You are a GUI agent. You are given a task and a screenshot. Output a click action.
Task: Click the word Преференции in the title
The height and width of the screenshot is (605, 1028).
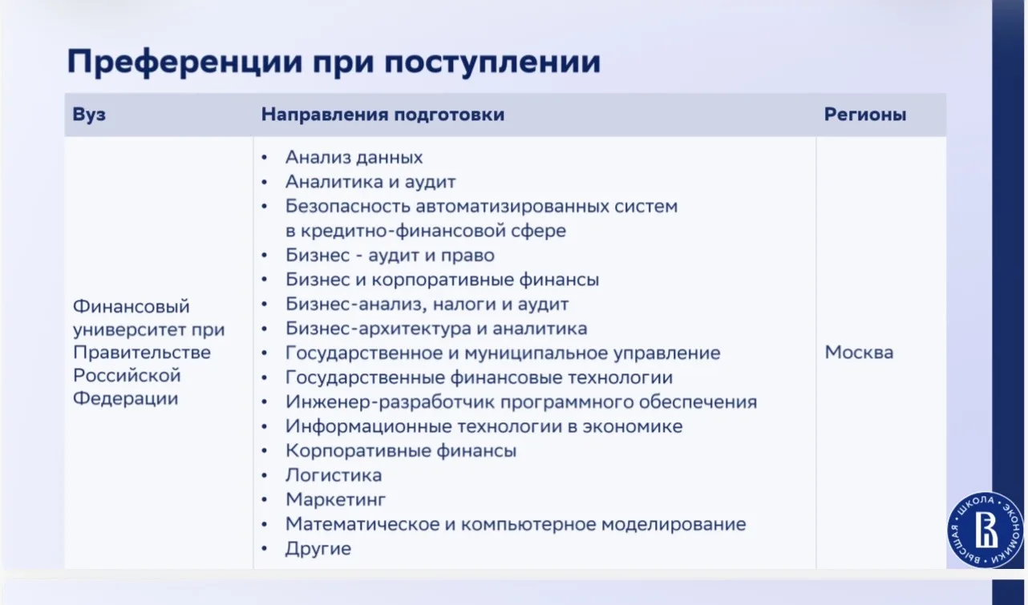click(185, 62)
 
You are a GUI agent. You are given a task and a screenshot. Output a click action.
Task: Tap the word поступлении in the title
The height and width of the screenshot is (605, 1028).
click(492, 62)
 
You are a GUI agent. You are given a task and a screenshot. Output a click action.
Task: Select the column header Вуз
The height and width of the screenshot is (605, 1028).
click(89, 115)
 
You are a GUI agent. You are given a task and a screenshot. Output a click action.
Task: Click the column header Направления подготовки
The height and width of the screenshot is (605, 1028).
click(382, 115)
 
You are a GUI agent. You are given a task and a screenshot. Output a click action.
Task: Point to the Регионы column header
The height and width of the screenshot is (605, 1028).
click(865, 115)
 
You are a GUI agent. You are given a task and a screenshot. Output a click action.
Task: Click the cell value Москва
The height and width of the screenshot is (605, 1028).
click(859, 353)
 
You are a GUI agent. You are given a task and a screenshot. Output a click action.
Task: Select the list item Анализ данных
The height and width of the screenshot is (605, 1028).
click(354, 157)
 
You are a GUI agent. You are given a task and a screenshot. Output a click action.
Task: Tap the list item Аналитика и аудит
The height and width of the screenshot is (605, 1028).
click(370, 182)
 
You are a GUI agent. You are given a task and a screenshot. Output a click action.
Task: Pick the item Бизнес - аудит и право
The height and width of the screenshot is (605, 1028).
click(390, 255)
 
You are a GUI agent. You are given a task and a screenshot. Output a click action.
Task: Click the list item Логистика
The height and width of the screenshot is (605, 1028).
click(334, 475)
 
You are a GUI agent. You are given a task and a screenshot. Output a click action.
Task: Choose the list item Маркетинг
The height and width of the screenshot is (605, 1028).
click(335, 499)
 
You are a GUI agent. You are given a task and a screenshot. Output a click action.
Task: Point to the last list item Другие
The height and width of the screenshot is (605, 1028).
click(318, 549)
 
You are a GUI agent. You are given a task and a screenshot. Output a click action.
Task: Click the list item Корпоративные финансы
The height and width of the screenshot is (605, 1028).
click(401, 451)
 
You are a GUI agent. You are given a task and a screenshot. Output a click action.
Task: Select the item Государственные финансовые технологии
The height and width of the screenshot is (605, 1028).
click(480, 377)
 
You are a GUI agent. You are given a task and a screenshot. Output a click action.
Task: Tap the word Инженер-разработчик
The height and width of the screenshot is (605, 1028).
click(390, 402)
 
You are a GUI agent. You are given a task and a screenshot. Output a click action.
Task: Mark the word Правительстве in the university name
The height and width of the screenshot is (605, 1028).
click(142, 353)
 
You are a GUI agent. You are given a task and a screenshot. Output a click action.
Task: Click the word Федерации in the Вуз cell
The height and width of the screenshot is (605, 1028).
click(125, 398)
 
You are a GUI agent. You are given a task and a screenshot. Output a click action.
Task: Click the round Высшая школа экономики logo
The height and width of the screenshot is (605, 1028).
click(986, 530)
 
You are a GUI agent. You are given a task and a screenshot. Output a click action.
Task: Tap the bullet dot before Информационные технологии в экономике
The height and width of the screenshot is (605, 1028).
click(265, 426)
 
